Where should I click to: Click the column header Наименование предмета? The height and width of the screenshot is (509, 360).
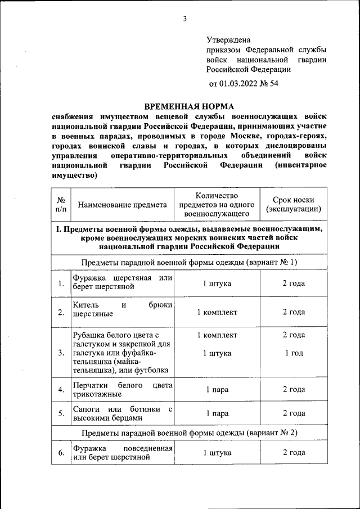pos(122,205)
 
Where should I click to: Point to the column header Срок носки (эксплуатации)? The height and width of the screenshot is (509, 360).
pos(294,205)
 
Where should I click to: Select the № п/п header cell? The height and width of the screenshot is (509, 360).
pos(61,205)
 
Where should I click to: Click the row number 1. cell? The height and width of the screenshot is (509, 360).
pos(61,283)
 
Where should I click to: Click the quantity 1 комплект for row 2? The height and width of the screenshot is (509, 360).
pos(217,312)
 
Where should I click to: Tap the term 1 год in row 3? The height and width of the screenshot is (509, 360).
pos(294,353)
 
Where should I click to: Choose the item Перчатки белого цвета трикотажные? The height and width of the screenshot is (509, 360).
pos(122,389)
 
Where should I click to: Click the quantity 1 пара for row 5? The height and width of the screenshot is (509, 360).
pos(217,413)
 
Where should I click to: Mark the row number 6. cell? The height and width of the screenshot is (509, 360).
pos(61,452)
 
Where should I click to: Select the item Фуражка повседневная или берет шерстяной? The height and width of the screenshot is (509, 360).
pos(122,452)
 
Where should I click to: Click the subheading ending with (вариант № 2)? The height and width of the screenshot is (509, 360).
pos(189,433)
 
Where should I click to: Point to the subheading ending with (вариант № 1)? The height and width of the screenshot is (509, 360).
pos(189,263)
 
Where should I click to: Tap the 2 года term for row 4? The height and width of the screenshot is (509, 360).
pos(294,389)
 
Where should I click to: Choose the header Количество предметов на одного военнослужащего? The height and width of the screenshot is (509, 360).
pos(217,205)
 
